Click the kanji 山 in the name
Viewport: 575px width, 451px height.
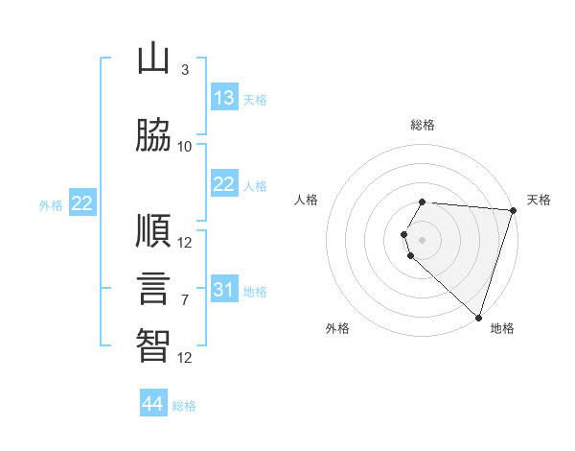tap(153, 58)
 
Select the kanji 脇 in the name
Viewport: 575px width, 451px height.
tap(153, 134)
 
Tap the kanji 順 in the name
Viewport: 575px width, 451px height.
tap(153, 230)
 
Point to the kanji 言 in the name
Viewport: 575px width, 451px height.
tap(153, 288)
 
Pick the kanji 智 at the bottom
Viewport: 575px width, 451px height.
tap(153, 345)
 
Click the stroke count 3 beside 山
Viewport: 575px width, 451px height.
tap(185, 70)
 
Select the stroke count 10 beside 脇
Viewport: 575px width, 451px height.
tap(184, 147)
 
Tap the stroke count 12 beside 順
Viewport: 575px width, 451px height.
tap(184, 243)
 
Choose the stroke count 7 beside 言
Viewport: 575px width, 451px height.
tap(185, 300)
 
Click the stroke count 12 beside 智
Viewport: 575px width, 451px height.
tap(184, 358)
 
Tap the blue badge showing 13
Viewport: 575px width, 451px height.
tap(224, 97)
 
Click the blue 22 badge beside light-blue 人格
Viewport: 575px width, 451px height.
tap(224, 183)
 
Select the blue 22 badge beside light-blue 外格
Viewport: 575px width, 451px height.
tap(82, 202)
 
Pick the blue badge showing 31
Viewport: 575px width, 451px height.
tap(224, 288)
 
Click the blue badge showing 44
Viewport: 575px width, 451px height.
tap(153, 402)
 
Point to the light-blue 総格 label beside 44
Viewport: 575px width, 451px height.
tap(184, 406)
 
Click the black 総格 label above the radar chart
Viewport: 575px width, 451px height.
tap(423, 125)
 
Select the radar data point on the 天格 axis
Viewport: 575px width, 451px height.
tap(514, 210)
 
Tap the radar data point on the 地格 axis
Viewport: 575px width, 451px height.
tap(478, 318)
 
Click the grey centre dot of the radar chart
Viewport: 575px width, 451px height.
tap(422, 240)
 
